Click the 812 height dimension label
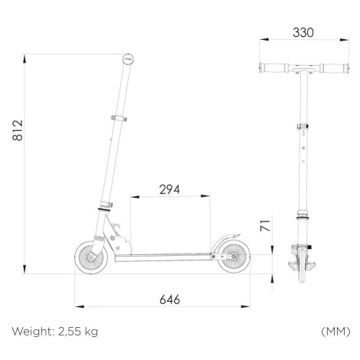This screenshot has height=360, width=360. (x=18, y=130)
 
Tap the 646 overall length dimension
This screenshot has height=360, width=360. (x=169, y=299)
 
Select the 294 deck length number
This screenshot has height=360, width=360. (x=169, y=189)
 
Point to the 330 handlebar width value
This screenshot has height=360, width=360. (x=303, y=33)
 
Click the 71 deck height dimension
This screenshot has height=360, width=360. (x=265, y=226)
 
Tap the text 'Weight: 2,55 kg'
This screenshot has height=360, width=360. (x=55, y=332)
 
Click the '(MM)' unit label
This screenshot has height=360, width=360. (x=335, y=332)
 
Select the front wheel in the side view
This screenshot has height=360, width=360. (x=91, y=257)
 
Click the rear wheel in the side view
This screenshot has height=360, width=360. (x=234, y=257)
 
